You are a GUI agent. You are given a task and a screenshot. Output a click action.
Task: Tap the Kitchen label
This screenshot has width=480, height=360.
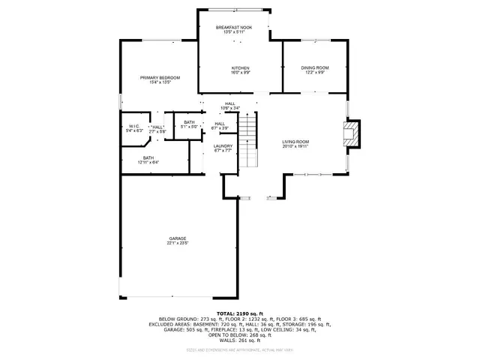240,68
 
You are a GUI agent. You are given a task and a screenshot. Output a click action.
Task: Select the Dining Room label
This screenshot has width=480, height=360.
315,68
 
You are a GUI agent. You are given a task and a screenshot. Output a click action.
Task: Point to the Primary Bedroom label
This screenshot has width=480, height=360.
160,77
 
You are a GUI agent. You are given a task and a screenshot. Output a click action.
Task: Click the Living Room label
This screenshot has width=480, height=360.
295,142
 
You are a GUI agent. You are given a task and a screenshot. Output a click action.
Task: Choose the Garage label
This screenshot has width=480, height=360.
177,238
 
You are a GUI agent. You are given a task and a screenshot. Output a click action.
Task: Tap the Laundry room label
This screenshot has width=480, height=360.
223,145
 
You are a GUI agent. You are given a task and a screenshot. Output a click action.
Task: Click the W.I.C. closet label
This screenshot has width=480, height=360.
133,126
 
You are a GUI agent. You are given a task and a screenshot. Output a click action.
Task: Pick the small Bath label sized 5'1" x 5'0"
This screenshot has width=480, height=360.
189,122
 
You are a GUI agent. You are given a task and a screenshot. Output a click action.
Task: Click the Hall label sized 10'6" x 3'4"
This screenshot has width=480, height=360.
230,104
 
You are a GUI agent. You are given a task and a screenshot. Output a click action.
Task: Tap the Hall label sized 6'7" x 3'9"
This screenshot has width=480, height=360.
220,124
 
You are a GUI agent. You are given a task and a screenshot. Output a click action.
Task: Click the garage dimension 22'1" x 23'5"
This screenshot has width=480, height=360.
177,243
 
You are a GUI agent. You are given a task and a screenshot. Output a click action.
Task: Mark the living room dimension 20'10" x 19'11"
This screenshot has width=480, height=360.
295,146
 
